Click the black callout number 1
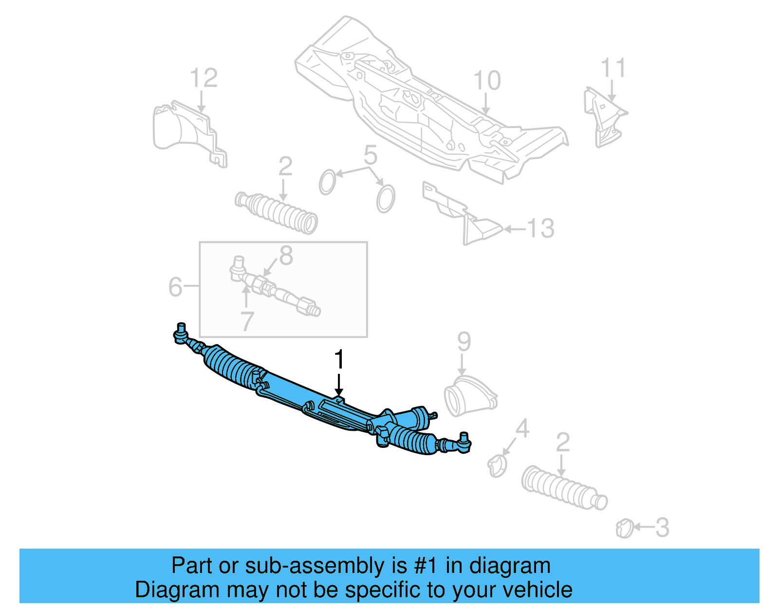coord(339,360)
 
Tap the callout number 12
coord(203,78)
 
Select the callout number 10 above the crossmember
coord(486,81)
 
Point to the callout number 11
coord(612,68)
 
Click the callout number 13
coord(540,228)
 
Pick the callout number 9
coord(464,342)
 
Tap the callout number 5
coord(370,155)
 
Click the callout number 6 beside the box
coord(175,287)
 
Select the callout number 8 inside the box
coord(286,256)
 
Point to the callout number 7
coord(247,321)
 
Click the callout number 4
coord(522,429)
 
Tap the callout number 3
coord(662,528)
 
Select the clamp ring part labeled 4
coord(497,465)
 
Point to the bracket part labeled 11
coord(604,117)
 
